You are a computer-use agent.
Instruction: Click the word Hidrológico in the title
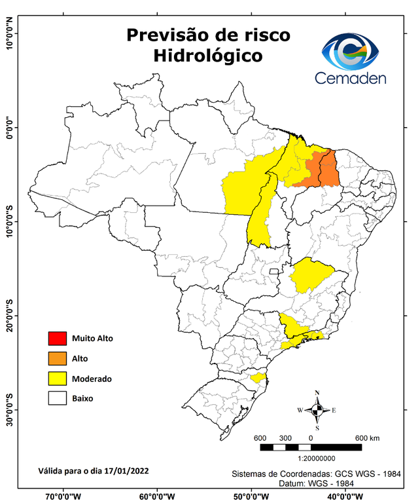point(207,56)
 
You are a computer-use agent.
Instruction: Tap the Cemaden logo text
point(351,78)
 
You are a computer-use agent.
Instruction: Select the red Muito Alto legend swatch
point(57,339)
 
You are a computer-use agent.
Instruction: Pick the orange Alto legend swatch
point(57,358)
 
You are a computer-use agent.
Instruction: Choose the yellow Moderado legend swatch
point(57,378)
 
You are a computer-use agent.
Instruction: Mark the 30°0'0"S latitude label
point(9,409)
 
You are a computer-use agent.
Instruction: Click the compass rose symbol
point(317,411)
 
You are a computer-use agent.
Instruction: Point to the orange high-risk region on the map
point(319,170)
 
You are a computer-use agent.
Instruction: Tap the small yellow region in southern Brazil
point(257,377)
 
